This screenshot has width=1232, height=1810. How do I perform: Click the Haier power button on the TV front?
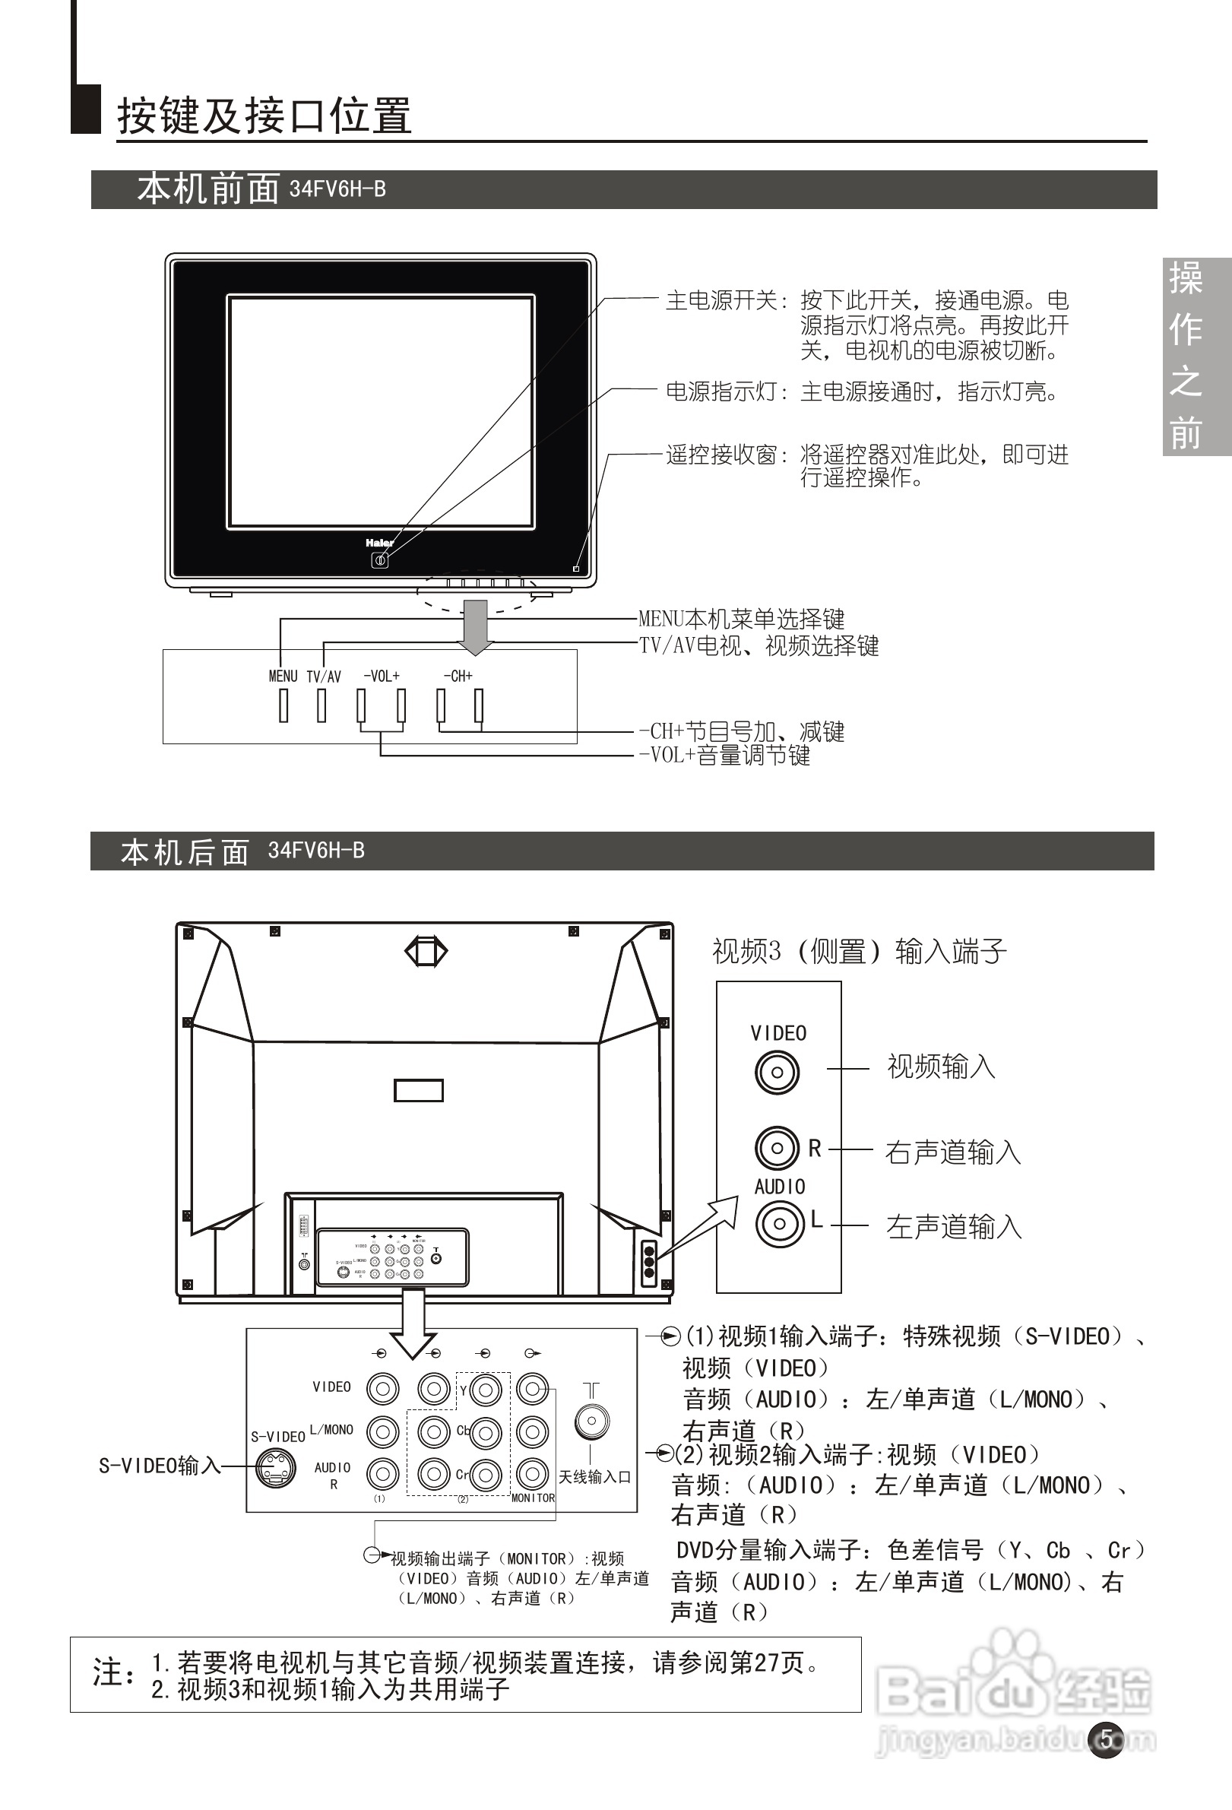coord(379,560)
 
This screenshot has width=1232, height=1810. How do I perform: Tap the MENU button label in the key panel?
coord(283,676)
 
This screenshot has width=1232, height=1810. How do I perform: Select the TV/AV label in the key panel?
coord(323,677)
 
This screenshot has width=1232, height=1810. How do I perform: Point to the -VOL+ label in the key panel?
coord(382,676)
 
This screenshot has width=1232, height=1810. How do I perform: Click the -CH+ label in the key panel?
coord(458,676)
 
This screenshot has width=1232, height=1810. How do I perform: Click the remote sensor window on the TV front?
coord(576,569)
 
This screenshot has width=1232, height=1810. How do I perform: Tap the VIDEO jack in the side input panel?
coord(777,1073)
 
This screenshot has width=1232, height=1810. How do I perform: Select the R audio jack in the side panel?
coord(777,1148)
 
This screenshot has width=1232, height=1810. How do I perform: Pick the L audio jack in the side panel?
coord(778,1224)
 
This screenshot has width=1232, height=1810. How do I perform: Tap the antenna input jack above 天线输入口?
coord(592,1421)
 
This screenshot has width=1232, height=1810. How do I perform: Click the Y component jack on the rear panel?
coord(486,1390)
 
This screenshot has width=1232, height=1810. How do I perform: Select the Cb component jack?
coord(486,1432)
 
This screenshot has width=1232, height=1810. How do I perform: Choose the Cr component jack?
coord(486,1474)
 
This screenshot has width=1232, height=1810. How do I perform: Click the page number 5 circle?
coord(1106,1739)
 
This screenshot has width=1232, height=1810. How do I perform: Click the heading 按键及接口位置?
coord(264,116)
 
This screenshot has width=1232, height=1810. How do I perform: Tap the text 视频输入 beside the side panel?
coord(942,1067)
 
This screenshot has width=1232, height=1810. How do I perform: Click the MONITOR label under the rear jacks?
coord(533,1498)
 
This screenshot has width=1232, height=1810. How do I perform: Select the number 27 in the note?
coord(767,1664)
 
